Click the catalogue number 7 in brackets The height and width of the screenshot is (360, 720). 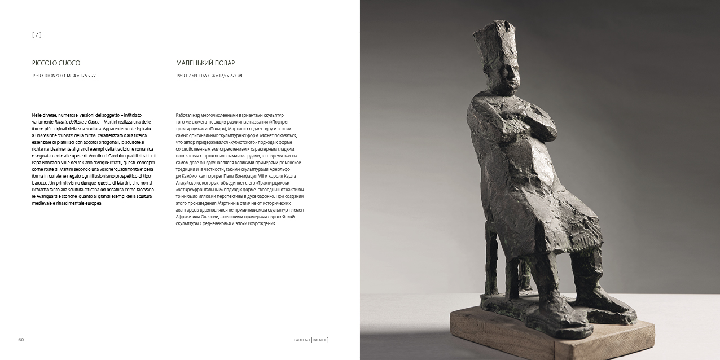pyautogui.click(x=37, y=35)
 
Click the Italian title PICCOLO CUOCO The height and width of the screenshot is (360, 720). pyautogui.click(x=56, y=63)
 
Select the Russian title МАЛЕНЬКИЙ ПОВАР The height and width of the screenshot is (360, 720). pyautogui.click(x=205, y=63)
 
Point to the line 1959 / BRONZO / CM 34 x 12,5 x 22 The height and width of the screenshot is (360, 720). pyautogui.click(x=64, y=76)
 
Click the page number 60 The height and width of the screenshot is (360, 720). pyautogui.click(x=21, y=340)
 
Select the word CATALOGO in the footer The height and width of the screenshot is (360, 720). pyautogui.click(x=302, y=340)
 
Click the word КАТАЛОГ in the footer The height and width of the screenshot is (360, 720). pyautogui.click(x=320, y=340)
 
